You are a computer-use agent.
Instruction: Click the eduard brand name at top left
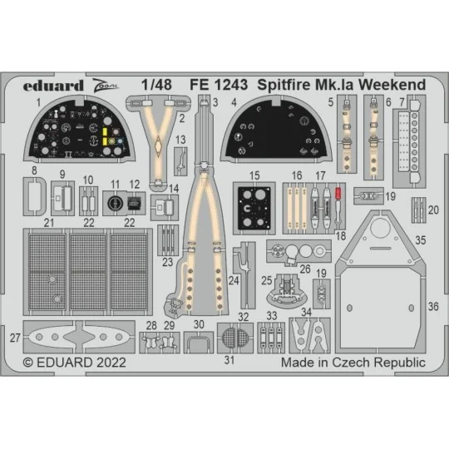coord(54,86)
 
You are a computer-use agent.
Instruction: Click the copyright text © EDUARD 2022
coord(76,363)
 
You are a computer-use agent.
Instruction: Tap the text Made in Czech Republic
coord(353,363)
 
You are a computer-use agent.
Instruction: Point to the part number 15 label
coord(254,175)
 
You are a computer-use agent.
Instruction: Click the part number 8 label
coord(33,171)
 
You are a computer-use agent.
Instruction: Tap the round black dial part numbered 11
coord(116,202)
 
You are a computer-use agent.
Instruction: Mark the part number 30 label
coord(199,325)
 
